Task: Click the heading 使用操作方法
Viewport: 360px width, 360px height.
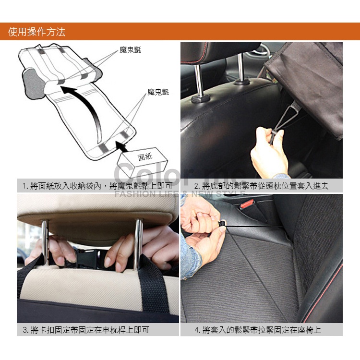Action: point(37,32)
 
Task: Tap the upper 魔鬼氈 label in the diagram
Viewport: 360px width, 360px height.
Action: point(131,50)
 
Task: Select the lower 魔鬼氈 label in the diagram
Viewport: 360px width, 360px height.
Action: point(158,92)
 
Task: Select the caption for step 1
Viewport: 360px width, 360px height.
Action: point(94,186)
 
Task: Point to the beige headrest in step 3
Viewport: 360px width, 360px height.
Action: point(96,211)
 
